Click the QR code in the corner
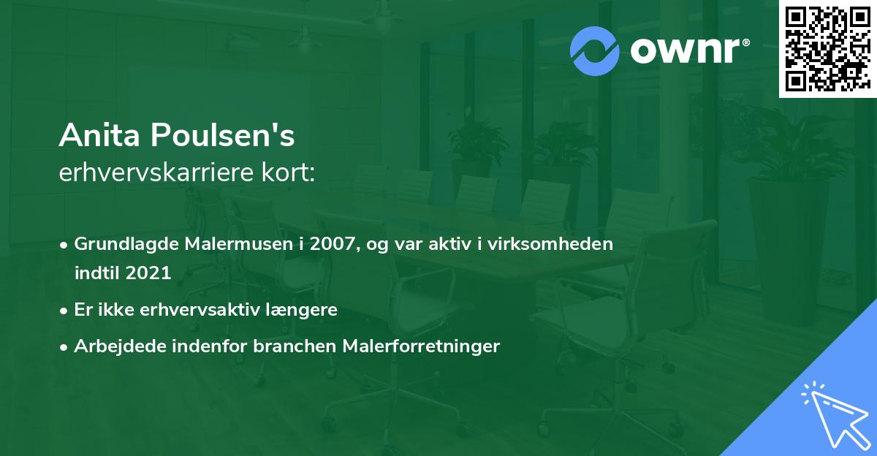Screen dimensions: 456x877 pyautogui.click(x=827, y=48)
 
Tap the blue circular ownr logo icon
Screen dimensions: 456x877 pyautogui.click(x=595, y=51)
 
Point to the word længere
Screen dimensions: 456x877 pyautogui.click(x=305, y=310)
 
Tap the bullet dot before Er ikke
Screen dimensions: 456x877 pyautogui.click(x=65, y=311)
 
